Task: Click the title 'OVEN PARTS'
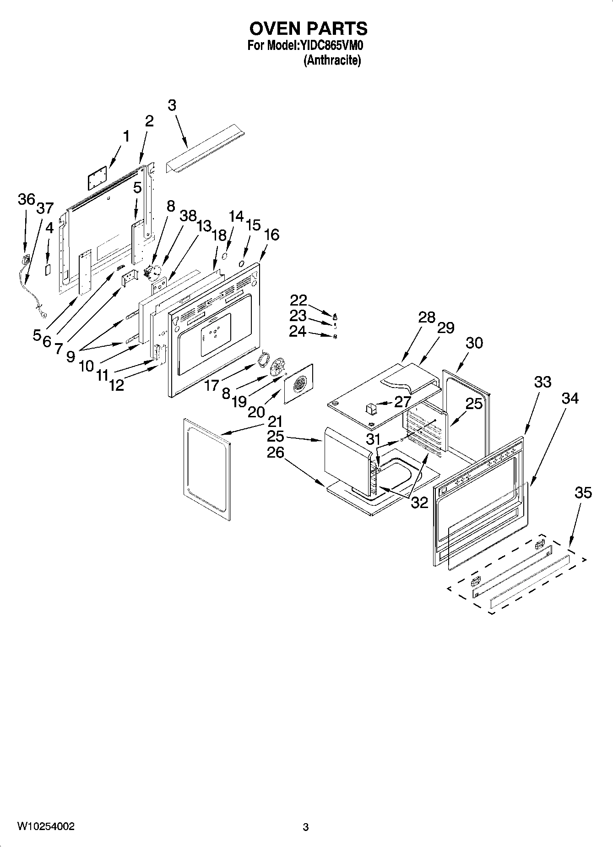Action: click(x=308, y=28)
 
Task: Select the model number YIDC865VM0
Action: click(x=333, y=45)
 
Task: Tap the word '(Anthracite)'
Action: click(x=332, y=60)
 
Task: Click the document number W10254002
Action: click(x=46, y=826)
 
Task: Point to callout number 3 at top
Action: click(x=172, y=105)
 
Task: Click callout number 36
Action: click(x=26, y=200)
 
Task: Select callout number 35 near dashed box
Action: click(x=583, y=493)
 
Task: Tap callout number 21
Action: click(x=275, y=421)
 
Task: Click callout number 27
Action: click(x=402, y=402)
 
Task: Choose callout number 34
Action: click(x=570, y=399)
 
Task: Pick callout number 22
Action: click(x=298, y=301)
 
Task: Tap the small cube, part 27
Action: click(x=370, y=407)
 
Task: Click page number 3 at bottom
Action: click(x=306, y=827)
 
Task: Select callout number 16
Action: click(x=271, y=235)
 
